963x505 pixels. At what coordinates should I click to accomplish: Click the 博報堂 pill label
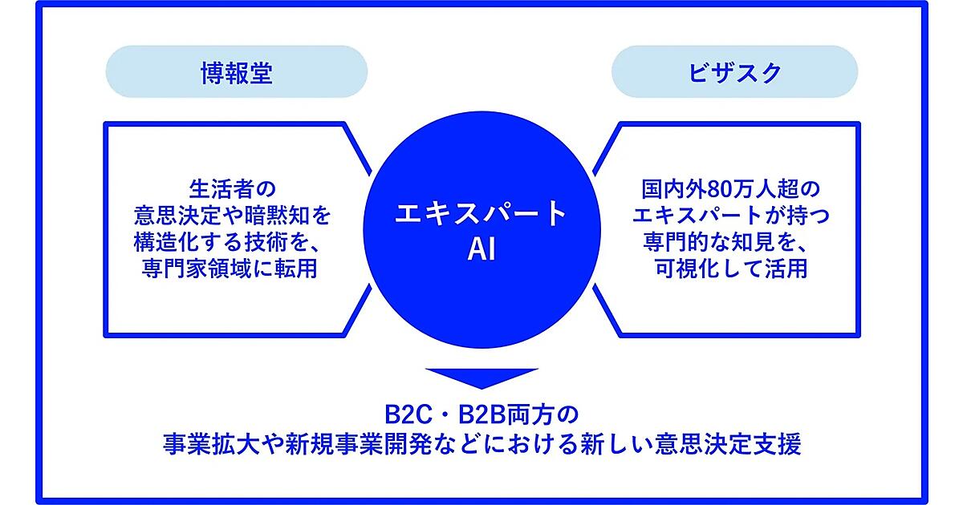coord(237,71)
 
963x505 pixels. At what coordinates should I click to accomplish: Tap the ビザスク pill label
coord(735,71)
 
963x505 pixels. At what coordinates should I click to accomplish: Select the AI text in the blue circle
coord(481,249)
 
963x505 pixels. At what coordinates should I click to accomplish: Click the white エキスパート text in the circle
coord(481,213)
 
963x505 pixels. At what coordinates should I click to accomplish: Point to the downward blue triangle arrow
coord(482,378)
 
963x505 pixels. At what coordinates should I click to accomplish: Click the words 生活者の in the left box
coord(232,189)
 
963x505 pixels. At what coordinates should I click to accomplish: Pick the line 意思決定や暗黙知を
coord(232,216)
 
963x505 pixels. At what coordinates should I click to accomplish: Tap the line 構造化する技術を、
coord(228,242)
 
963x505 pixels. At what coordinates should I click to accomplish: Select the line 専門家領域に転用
coord(230,269)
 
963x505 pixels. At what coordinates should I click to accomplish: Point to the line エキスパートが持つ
coord(731,216)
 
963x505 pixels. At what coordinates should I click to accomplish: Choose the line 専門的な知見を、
coord(726,242)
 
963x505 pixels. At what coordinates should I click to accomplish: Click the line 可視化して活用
coord(731,269)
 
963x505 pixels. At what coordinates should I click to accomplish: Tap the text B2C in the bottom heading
coord(408,414)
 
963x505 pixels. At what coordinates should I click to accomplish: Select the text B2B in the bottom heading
coord(483,414)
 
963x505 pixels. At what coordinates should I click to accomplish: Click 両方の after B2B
coord(543,414)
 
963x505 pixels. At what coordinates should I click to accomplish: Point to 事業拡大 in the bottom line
coord(212,444)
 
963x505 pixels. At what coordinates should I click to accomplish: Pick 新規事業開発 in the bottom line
coord(358,444)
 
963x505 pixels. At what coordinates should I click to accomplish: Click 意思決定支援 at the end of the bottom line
coord(729,444)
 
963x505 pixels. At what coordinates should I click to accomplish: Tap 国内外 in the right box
coord(674,189)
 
